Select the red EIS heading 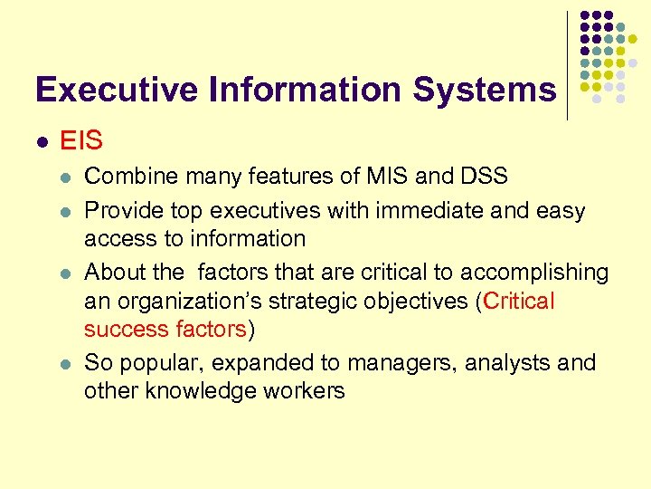[80, 141]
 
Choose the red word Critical [519, 302]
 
